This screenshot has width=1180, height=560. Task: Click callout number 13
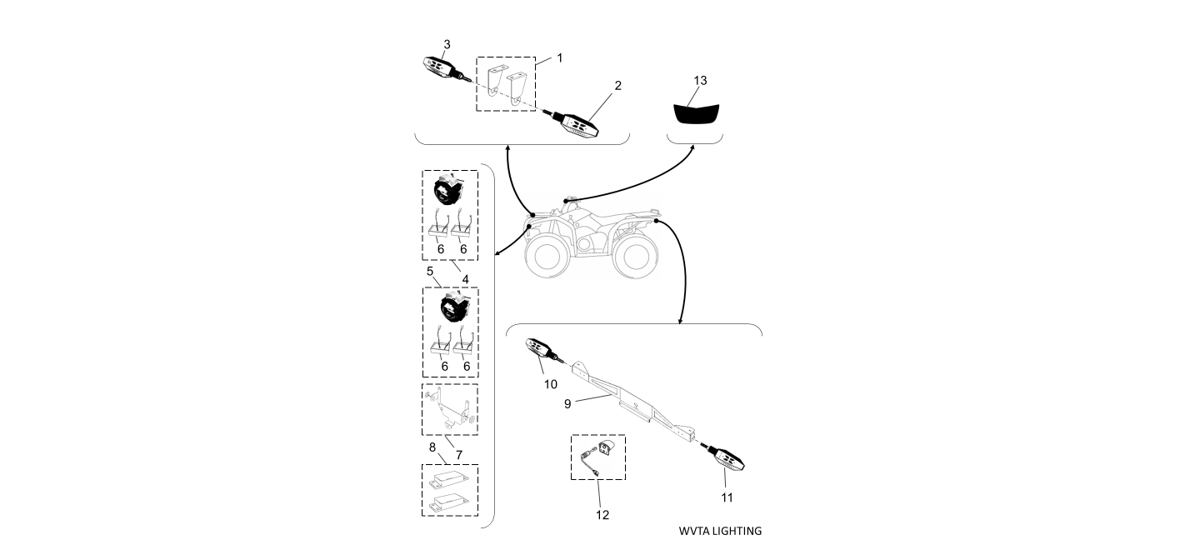click(700, 80)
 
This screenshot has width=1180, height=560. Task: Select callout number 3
click(447, 43)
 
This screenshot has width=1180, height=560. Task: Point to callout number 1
click(560, 57)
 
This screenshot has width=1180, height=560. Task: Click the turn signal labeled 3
click(439, 67)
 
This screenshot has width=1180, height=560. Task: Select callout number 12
click(602, 515)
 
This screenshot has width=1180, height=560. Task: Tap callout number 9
click(567, 403)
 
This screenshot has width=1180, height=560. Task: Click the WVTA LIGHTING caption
click(720, 531)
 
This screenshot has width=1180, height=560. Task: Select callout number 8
click(432, 447)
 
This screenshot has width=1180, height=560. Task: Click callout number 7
click(458, 453)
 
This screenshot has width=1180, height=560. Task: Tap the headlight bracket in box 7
click(450, 409)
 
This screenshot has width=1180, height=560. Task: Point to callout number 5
click(429, 272)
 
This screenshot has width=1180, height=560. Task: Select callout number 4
click(466, 277)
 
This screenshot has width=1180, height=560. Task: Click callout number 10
click(550, 384)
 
